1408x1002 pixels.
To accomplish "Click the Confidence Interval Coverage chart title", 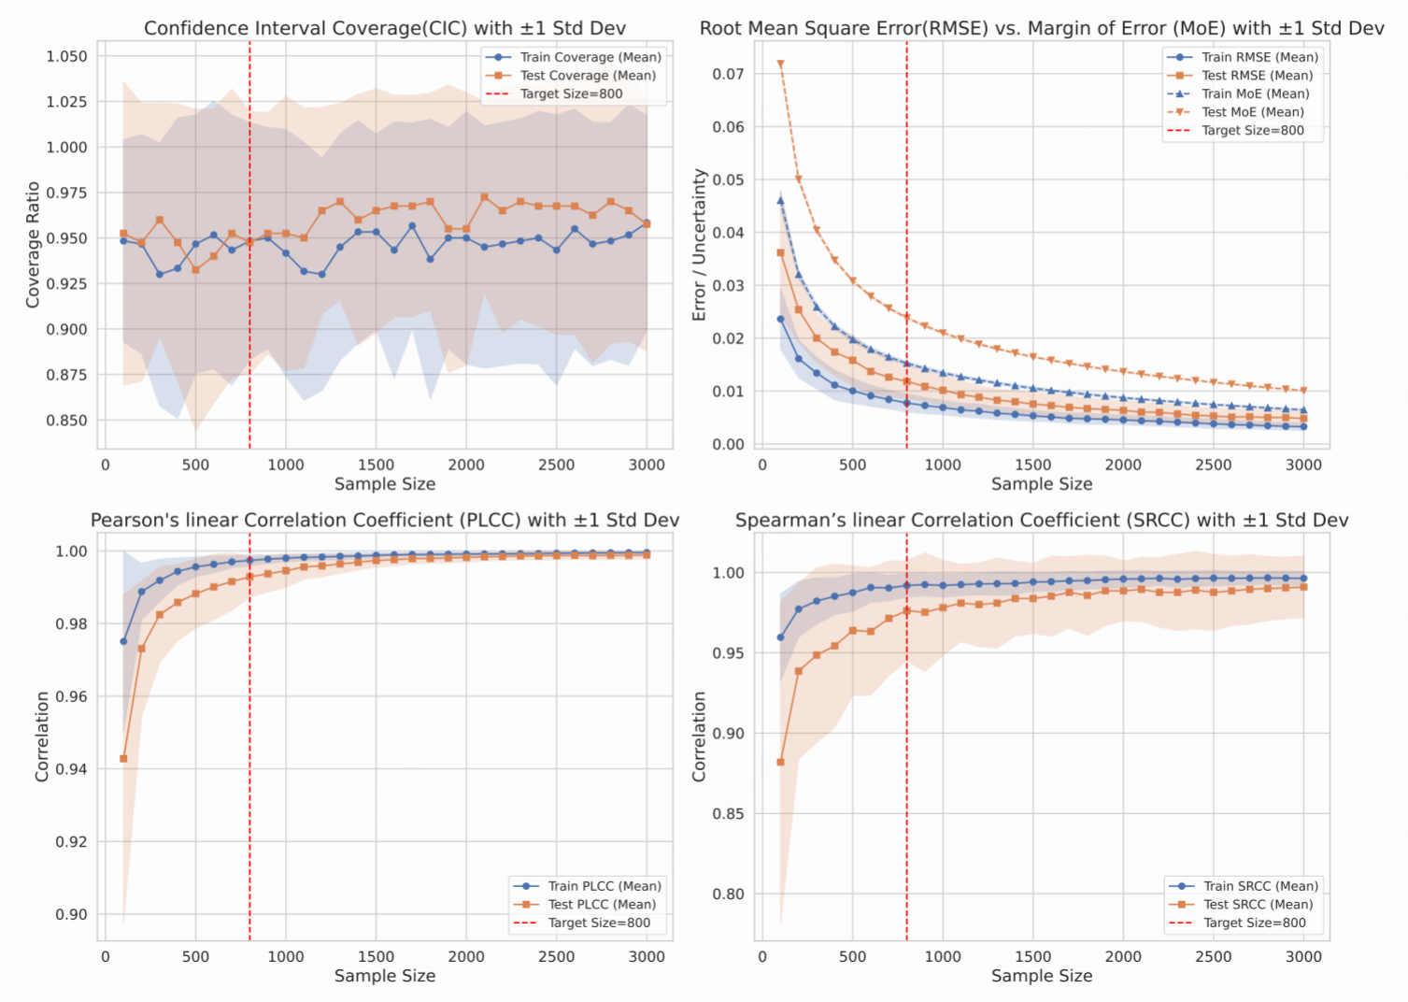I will coord(385,28).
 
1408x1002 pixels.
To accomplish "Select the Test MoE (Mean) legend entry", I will coord(1252,112).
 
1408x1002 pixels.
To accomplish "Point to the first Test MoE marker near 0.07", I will coord(780,64).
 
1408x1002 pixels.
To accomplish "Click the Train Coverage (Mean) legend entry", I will coord(590,57).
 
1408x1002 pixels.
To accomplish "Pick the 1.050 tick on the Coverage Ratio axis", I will coord(66,56).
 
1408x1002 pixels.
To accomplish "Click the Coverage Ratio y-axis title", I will coord(33,245).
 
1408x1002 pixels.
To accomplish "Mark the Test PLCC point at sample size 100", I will coord(123,759).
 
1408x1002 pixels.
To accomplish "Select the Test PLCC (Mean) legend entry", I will coord(602,905).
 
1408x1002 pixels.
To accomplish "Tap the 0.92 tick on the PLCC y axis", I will coord(72,842).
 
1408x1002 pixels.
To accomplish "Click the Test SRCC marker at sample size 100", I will coord(780,763).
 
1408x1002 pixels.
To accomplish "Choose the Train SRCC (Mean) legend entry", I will coord(1260,886).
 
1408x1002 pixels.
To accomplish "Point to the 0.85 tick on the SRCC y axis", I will coord(729,814).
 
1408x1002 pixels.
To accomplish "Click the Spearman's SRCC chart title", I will coord(1042,521).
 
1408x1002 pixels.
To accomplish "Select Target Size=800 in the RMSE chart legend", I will coord(1252,131).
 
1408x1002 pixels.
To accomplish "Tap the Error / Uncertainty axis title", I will coord(699,245).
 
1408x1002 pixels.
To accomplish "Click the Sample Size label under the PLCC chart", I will coord(385,976).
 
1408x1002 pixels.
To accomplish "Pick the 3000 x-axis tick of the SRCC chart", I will coord(1303,956).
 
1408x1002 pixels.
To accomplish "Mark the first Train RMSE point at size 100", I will coord(780,320).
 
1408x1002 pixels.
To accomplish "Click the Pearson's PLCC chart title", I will coord(385,521).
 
